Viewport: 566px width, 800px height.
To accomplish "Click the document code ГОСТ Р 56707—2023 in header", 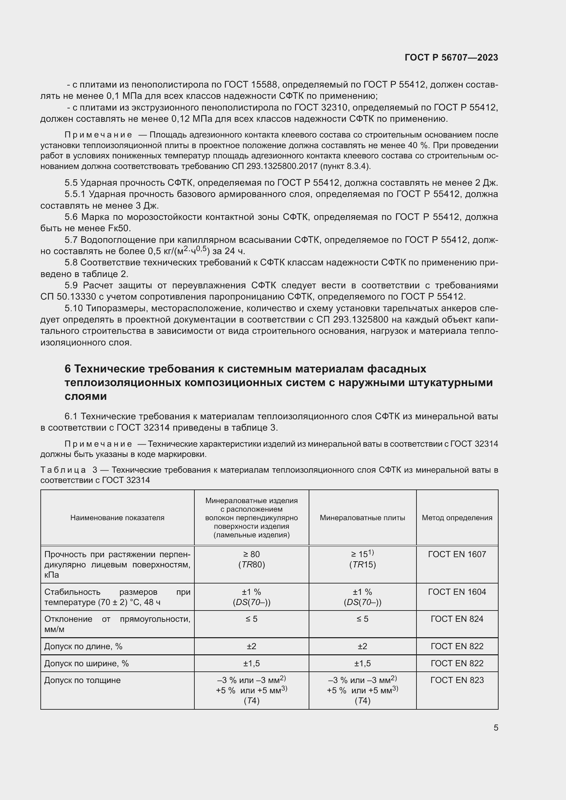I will [451, 58].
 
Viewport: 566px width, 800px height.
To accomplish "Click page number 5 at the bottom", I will [496, 728].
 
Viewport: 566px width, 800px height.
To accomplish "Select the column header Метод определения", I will [457, 518].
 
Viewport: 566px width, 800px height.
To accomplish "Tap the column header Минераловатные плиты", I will [362, 518].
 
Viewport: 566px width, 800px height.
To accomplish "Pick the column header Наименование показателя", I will [117, 518].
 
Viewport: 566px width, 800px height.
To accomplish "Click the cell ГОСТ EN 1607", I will [457, 554].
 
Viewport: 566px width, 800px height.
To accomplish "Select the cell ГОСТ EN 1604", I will [457, 592].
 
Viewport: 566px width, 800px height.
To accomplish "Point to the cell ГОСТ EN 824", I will [457, 619].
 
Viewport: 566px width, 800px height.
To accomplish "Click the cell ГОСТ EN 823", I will [457, 680].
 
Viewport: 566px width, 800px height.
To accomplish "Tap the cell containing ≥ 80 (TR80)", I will [251, 559].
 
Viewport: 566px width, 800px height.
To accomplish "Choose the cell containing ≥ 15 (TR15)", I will [362, 559].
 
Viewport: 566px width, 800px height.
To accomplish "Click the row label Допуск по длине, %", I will [83, 646].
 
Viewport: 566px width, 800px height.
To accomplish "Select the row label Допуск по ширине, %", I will [87, 664].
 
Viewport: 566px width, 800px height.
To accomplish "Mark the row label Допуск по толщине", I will [82, 680].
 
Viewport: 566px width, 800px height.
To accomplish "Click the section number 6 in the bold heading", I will [68, 369].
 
